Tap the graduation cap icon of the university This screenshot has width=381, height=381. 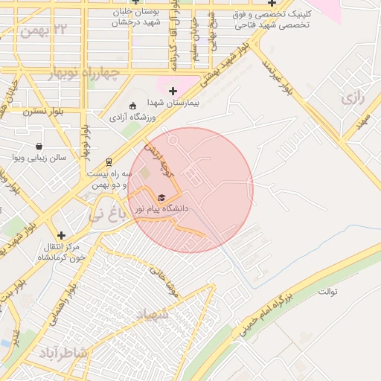click(x=161, y=197)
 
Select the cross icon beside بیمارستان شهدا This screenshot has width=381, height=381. click(x=173, y=91)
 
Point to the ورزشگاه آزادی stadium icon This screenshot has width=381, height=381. click(x=132, y=106)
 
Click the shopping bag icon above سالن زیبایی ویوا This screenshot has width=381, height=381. click(x=39, y=146)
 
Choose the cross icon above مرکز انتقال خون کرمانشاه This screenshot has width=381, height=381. click(x=61, y=234)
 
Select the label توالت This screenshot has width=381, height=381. click(x=328, y=291)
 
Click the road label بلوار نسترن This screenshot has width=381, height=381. click(x=43, y=112)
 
